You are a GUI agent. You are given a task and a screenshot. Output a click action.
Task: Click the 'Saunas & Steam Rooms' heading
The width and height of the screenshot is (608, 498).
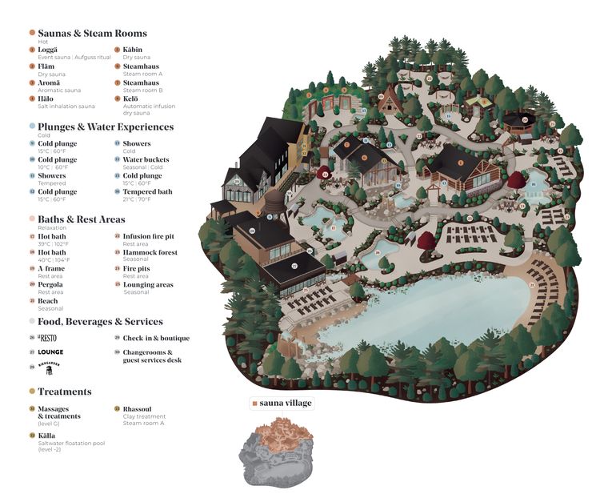[x=92, y=34]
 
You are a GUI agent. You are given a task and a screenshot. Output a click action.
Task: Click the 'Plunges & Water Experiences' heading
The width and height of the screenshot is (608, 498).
[x=106, y=127]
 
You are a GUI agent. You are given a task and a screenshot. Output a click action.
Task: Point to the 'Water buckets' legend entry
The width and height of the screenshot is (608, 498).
[x=145, y=160]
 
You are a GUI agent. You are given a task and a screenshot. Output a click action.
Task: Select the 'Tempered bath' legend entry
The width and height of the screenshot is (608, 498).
[x=146, y=192]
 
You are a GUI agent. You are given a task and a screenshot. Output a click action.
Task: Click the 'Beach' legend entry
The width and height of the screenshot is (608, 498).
[x=48, y=301]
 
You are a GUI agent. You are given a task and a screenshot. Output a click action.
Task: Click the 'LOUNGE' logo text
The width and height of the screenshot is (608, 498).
[x=50, y=351]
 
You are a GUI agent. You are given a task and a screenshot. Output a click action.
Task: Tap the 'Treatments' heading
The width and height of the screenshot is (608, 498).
[x=65, y=392]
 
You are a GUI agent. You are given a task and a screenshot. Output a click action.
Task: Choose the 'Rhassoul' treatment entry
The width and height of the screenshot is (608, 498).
[x=137, y=408]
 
